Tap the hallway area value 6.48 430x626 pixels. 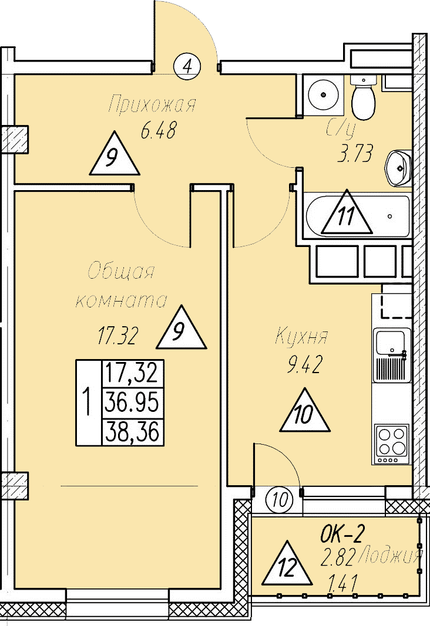(158, 131)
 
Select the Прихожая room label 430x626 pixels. (152, 104)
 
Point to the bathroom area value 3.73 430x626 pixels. (355, 153)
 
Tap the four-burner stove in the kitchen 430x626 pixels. (392, 444)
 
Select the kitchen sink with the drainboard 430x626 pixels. (392, 355)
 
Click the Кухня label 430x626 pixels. (302, 336)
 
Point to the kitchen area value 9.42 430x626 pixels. (304, 365)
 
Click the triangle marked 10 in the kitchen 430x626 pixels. (304, 410)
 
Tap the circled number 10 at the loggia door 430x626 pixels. (280, 499)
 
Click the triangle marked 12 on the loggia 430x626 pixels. (287, 563)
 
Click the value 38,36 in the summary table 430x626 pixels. (132, 431)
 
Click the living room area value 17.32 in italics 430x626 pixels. (118, 335)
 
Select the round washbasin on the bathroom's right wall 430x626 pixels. (398, 168)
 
